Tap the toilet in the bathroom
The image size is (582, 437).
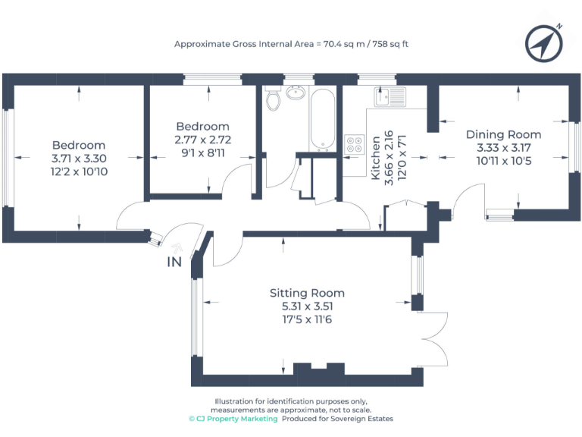[274, 98]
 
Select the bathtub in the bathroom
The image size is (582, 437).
[321, 120]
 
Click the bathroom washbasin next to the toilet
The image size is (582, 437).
[296, 93]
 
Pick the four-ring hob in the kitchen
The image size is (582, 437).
[354, 144]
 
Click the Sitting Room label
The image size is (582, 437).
[307, 293]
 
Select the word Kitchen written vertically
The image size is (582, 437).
[374, 158]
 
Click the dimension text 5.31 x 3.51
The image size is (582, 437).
[307, 307]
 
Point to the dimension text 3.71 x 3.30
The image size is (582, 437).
[79, 159]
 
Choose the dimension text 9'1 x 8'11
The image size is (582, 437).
[202, 153]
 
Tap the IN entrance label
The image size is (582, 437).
[174, 263]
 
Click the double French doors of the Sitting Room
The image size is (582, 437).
[432, 339]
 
